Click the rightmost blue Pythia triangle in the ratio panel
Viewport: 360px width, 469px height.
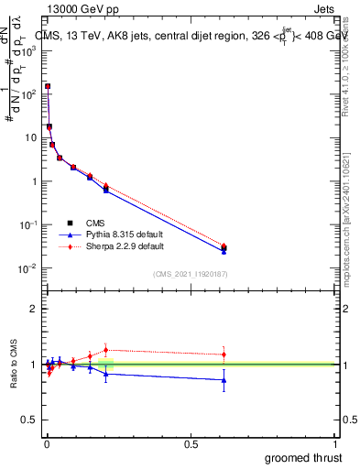(224, 380)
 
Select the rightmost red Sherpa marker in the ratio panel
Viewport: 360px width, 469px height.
(224, 354)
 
